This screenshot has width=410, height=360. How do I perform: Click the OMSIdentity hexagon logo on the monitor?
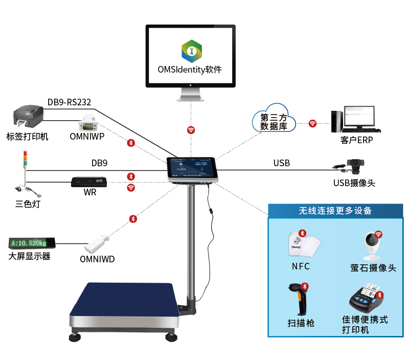pyautogui.click(x=191, y=51)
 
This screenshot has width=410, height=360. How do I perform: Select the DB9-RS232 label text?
pyautogui.click(x=69, y=101)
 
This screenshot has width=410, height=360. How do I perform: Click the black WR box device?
pyautogui.click(x=89, y=182)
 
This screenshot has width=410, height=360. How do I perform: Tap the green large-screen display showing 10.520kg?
pyautogui.click(x=32, y=242)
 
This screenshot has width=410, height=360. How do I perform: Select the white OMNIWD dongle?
pyautogui.click(x=98, y=243)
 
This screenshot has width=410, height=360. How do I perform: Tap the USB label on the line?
pyautogui.click(x=281, y=163)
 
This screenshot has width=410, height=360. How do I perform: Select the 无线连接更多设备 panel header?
pyautogui.click(x=335, y=210)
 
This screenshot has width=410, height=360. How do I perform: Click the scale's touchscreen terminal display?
pyautogui.click(x=192, y=167)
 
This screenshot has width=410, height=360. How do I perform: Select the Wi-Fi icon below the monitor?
pyautogui.click(x=191, y=130)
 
